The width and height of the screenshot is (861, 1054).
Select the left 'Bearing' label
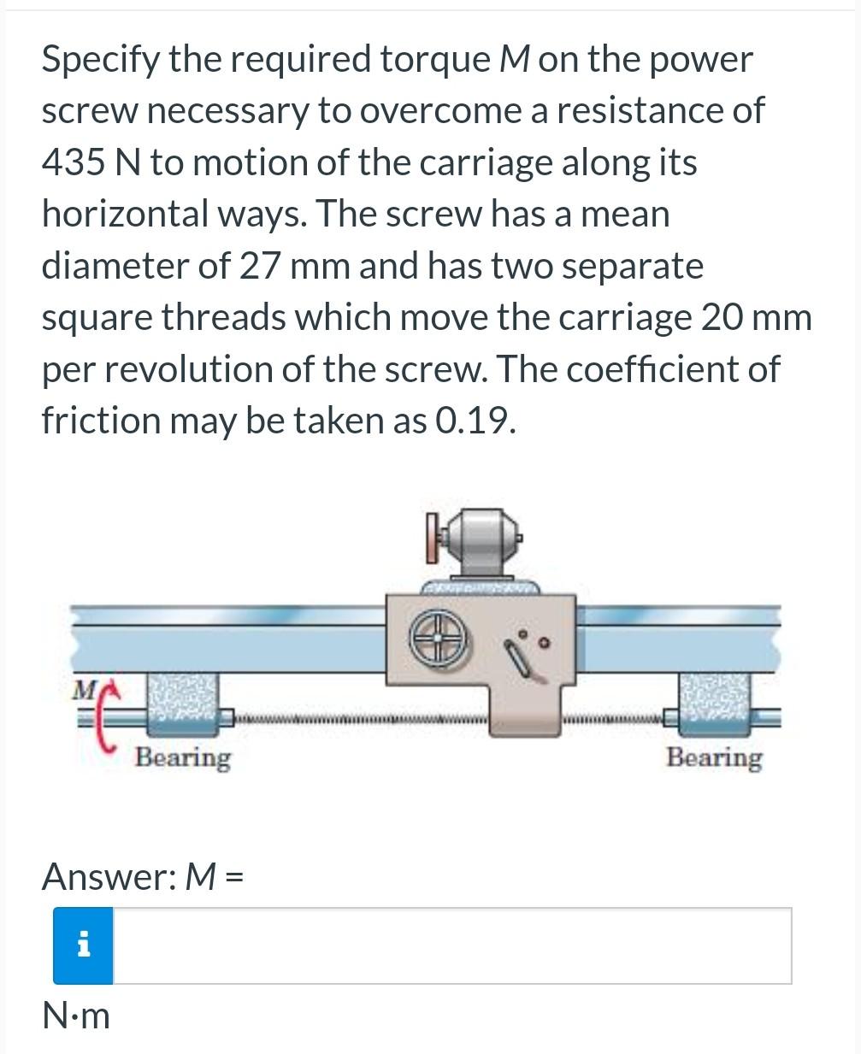(183, 757)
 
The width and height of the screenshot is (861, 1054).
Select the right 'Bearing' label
(714, 757)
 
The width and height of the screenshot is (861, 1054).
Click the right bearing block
(713, 704)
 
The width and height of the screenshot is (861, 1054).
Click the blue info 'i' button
(83, 945)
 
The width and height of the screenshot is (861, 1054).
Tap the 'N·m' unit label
(76, 1016)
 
